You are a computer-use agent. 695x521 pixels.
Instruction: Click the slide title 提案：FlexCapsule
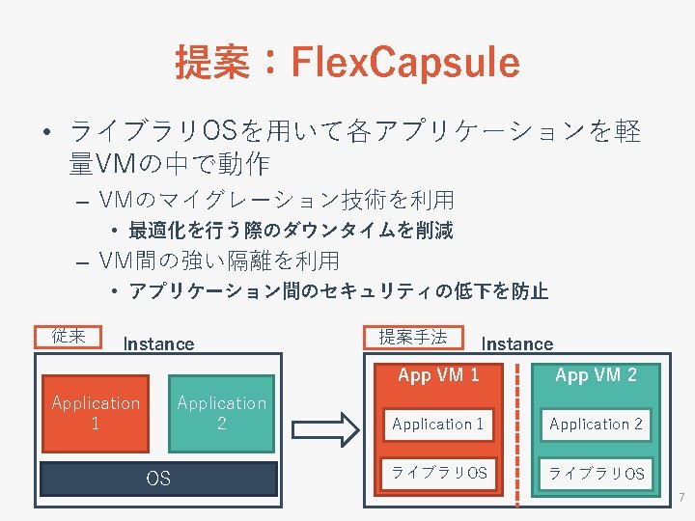tap(347, 62)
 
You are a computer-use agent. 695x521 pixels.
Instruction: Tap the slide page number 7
tap(681, 498)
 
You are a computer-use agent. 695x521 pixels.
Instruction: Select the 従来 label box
tap(69, 336)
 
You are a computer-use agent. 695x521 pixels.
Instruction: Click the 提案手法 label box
tap(412, 337)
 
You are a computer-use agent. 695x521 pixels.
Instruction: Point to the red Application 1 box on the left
tap(96, 413)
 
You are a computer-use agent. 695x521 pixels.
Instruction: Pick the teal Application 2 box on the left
tap(222, 413)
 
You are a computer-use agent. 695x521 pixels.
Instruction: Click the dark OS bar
tap(158, 478)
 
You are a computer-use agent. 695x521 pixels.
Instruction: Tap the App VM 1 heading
tap(438, 375)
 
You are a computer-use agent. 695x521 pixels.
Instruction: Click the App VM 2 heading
tap(596, 375)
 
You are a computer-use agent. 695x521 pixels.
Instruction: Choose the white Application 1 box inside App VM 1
tap(438, 424)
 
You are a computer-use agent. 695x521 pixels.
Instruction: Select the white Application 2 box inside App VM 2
tap(596, 424)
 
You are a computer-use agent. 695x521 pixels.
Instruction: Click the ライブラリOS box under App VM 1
tap(438, 473)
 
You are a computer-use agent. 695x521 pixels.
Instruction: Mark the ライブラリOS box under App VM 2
tap(596, 473)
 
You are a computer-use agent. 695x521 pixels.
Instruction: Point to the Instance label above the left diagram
tap(158, 343)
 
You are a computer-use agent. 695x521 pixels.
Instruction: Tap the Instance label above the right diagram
tap(517, 343)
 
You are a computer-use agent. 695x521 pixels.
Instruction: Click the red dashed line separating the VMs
tap(518, 434)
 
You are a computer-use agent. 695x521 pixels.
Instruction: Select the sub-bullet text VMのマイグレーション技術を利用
tap(276, 201)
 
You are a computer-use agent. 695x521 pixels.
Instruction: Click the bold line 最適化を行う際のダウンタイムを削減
tap(291, 231)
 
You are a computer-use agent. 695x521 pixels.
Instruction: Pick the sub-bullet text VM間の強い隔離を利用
tap(219, 260)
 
